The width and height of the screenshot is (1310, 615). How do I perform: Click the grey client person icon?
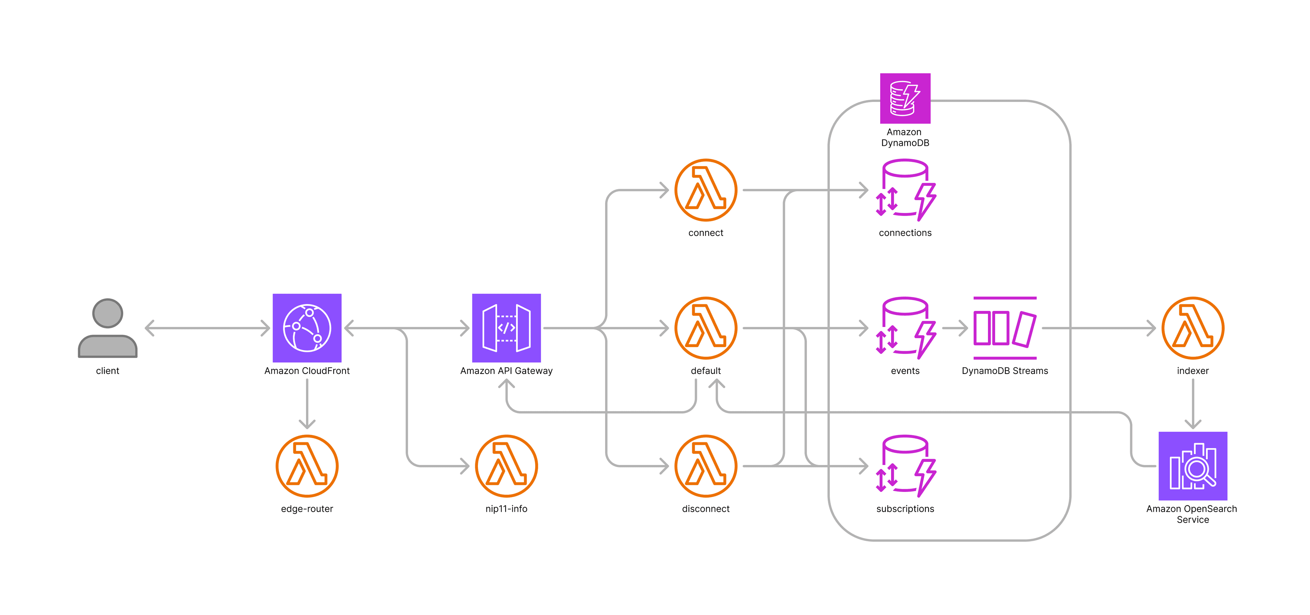(107, 328)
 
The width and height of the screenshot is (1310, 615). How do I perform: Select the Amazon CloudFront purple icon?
(307, 328)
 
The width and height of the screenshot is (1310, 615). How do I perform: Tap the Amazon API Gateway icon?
(506, 328)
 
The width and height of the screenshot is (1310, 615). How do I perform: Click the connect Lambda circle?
(705, 190)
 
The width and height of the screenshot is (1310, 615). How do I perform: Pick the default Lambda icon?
(705, 328)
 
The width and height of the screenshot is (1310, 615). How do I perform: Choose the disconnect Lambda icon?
(705, 466)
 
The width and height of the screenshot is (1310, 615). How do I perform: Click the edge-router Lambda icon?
(307, 466)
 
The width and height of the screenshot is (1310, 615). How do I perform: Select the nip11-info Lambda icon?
(506, 466)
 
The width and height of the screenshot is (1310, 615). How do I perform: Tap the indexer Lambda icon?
(1193, 328)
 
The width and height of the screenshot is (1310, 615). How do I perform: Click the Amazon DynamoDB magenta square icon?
(905, 98)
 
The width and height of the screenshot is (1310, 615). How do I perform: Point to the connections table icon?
(905, 190)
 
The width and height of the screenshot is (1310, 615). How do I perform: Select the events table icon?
(905, 328)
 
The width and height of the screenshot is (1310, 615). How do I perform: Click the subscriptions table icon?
(905, 466)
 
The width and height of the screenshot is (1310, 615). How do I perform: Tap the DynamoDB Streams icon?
(1004, 328)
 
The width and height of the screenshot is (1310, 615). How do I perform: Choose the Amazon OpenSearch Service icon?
(1193, 466)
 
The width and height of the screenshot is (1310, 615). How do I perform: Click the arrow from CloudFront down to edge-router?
(307, 404)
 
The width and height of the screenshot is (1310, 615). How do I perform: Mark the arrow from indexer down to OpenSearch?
(1193, 404)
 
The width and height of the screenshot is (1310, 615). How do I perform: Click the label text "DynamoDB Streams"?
(1004, 371)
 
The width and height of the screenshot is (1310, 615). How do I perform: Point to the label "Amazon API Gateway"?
(506, 371)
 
